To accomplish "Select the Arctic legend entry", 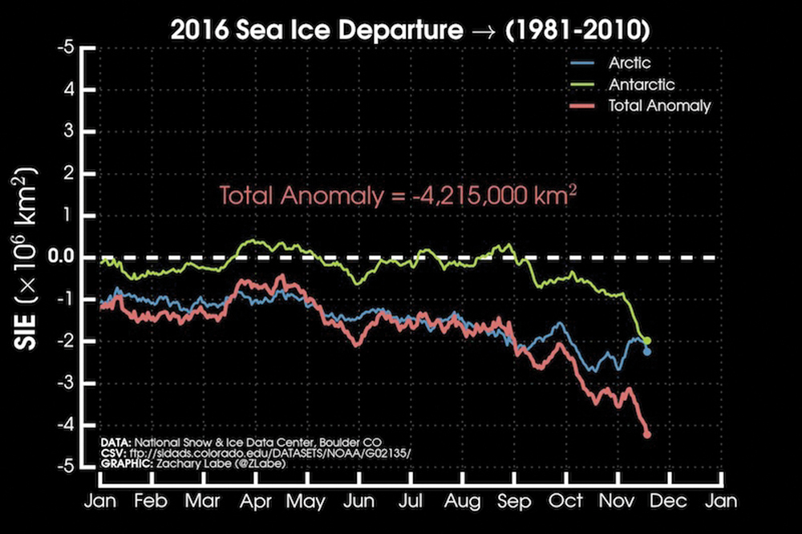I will pyautogui.click(x=630, y=63).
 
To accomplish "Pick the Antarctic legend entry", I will pyautogui.click(x=642, y=83).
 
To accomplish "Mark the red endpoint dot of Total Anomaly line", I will pyautogui.click(x=647, y=435).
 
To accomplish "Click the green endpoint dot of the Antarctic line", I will pyautogui.click(x=647, y=341).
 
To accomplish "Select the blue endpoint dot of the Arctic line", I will pyautogui.click(x=647, y=351).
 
